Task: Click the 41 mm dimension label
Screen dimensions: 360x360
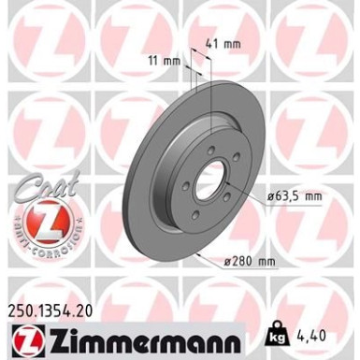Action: (x=217, y=43)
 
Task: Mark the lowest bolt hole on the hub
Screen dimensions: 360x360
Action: (x=196, y=214)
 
